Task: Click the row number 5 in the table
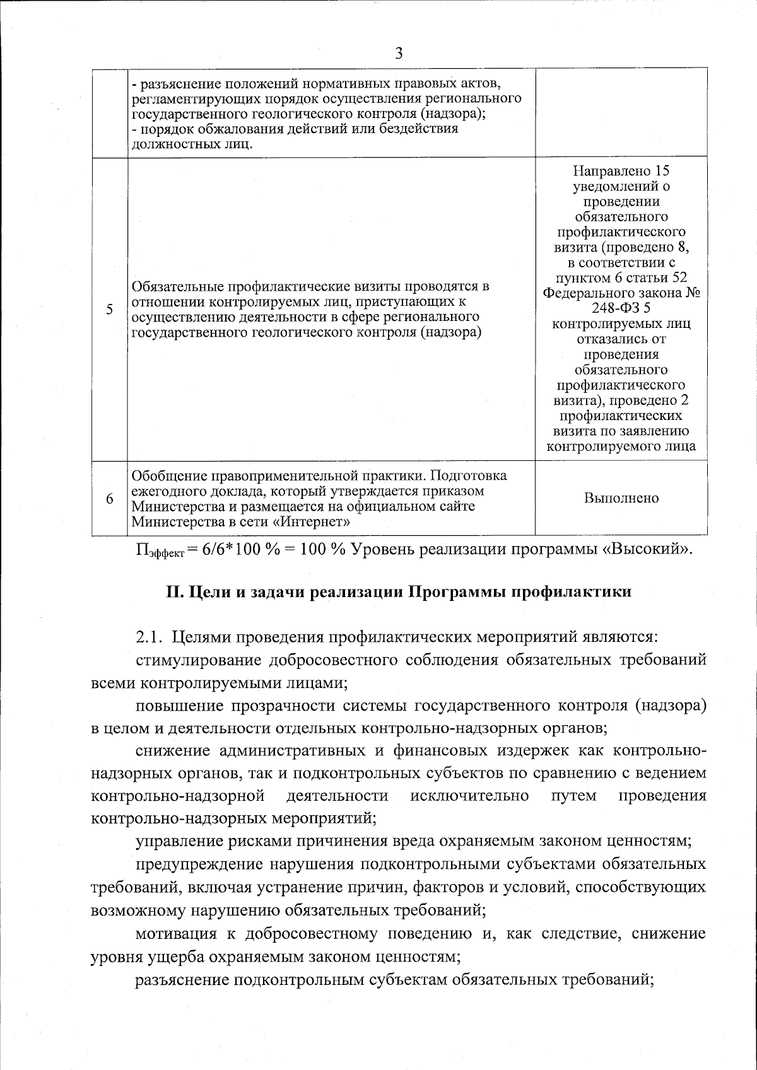coord(110,310)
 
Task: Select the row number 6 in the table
coord(110,498)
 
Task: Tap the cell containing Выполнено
coord(621,498)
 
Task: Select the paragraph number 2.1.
coord(150,637)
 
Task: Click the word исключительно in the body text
coord(470,795)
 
